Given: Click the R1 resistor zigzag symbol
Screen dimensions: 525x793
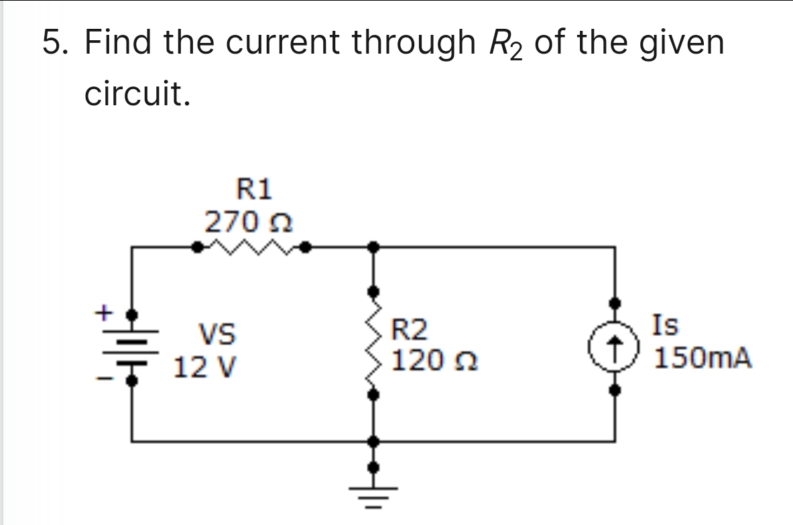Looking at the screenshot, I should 250,248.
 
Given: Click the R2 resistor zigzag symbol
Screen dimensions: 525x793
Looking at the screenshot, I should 374,344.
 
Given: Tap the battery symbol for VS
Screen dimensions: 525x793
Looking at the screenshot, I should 133,347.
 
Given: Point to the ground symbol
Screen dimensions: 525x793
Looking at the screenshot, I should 374,493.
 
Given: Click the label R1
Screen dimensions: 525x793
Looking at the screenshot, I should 255,189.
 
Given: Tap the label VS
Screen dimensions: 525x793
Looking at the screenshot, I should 216,333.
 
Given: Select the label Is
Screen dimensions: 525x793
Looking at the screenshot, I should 667,325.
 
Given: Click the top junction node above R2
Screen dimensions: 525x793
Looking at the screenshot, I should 374,247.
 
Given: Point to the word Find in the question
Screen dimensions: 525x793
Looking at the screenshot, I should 119,44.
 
